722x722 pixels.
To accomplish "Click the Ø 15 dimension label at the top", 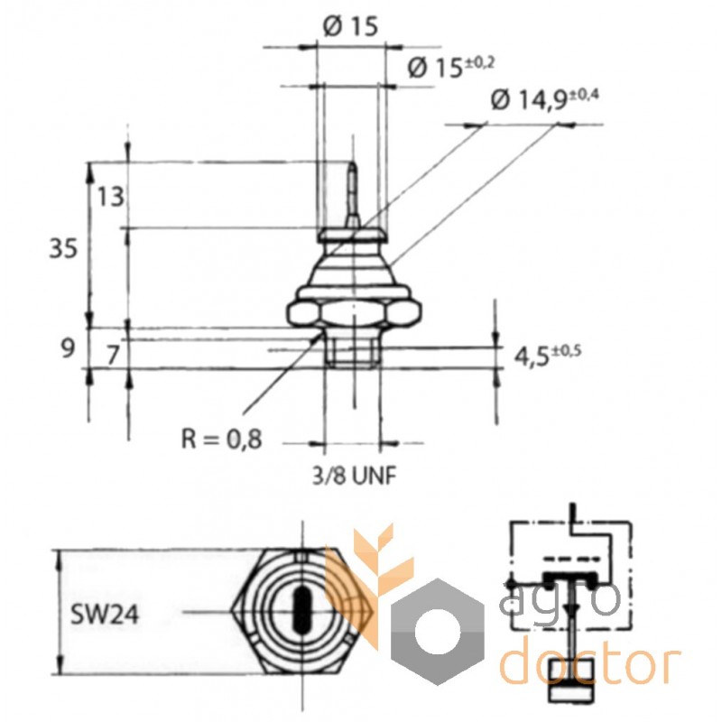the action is click(x=350, y=26).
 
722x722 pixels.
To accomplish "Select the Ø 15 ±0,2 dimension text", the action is click(x=450, y=67).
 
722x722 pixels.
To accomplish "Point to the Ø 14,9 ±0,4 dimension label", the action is click(x=545, y=100).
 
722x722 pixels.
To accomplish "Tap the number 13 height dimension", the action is click(x=110, y=197).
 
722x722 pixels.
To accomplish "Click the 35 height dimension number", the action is click(x=63, y=250).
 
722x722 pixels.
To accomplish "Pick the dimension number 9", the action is click(x=68, y=348).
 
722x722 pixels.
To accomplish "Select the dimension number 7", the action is click(x=113, y=355).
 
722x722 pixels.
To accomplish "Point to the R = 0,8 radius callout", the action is click(x=221, y=439).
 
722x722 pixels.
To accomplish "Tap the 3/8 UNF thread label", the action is click(x=354, y=477).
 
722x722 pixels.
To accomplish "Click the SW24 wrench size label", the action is click(x=105, y=614).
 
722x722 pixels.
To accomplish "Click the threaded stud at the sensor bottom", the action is click(x=353, y=347).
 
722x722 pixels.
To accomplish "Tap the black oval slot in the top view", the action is click(x=301, y=610).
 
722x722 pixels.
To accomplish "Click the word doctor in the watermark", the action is click(x=590, y=661).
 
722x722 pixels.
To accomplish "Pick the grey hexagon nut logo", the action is click(x=438, y=632).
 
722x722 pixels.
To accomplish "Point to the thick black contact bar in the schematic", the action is click(x=570, y=578).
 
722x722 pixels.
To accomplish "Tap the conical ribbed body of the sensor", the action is click(x=353, y=269).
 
